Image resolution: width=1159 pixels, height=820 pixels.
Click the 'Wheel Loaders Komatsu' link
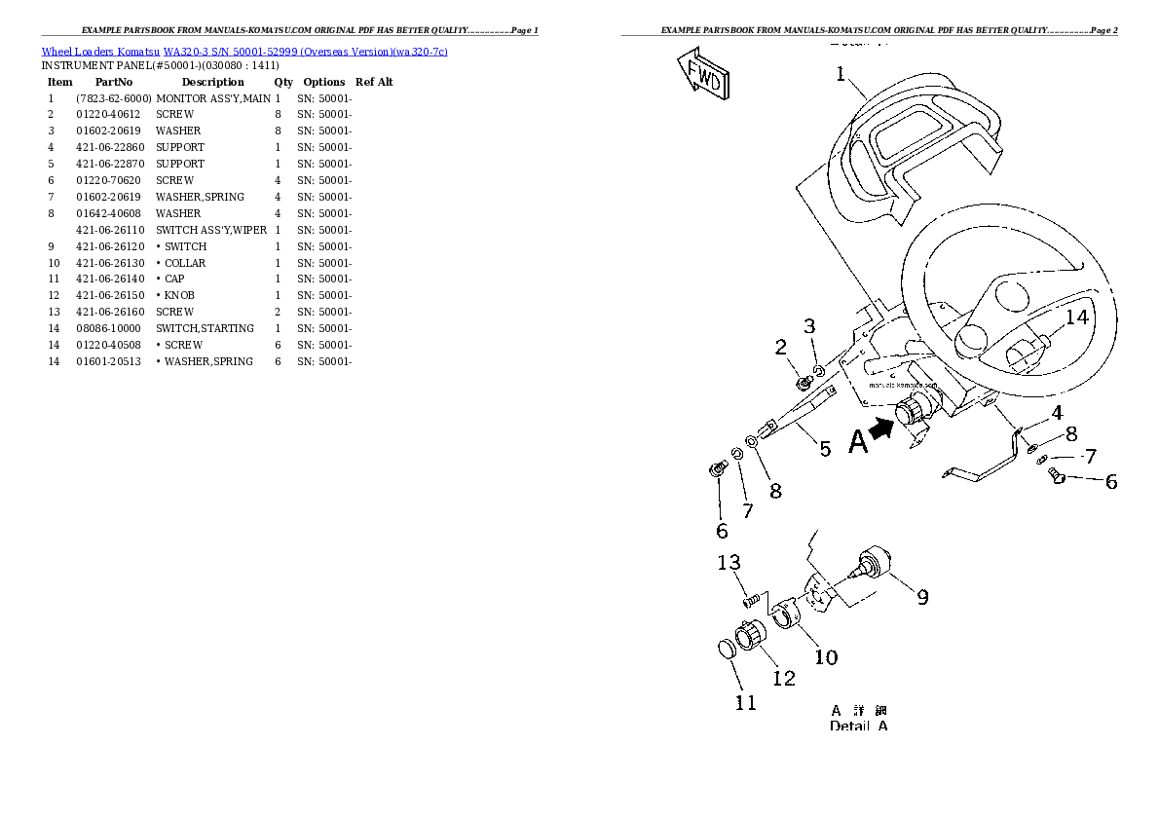coord(100,51)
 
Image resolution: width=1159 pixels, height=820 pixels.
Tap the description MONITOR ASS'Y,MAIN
coord(212,98)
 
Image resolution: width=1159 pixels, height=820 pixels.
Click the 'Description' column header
coord(212,82)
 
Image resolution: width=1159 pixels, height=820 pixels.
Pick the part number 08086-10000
coord(108,328)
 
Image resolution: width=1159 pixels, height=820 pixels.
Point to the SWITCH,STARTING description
coord(205,328)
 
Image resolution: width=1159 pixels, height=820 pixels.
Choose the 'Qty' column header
coord(283,82)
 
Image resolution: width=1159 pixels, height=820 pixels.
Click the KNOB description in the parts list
coord(179,295)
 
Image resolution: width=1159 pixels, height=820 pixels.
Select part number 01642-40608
coord(109,213)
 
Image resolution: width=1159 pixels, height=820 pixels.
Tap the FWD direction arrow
coord(702,77)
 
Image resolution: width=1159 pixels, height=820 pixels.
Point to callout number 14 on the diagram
coord(1076,317)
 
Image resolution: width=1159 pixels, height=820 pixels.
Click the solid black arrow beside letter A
coord(882,429)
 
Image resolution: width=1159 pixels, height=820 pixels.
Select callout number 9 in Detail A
coord(920,596)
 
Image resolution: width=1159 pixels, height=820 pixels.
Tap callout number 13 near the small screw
coord(729,563)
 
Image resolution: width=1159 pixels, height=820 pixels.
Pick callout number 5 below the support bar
coord(825,449)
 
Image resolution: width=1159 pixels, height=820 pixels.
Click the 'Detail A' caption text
coord(858,726)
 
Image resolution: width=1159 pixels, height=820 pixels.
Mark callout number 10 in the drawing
coord(825,657)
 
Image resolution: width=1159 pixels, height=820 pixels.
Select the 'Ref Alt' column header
coord(374,82)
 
